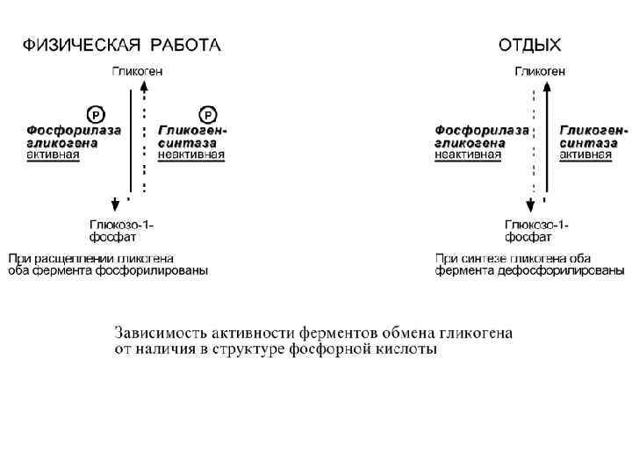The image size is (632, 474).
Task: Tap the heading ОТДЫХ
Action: (529, 44)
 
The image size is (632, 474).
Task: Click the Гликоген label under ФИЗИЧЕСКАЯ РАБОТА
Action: (137, 71)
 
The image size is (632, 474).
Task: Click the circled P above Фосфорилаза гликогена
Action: (95, 115)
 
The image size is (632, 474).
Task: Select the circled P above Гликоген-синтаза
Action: (208, 115)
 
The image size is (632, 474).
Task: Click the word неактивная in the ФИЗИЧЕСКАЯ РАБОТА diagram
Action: (190, 155)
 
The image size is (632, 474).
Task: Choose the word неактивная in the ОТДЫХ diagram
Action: (468, 155)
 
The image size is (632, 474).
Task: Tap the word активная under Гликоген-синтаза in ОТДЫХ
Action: (585, 155)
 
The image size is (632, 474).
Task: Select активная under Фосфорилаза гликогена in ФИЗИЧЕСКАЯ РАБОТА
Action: (53, 155)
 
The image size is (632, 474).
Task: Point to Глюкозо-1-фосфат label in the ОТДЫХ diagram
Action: (536, 231)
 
